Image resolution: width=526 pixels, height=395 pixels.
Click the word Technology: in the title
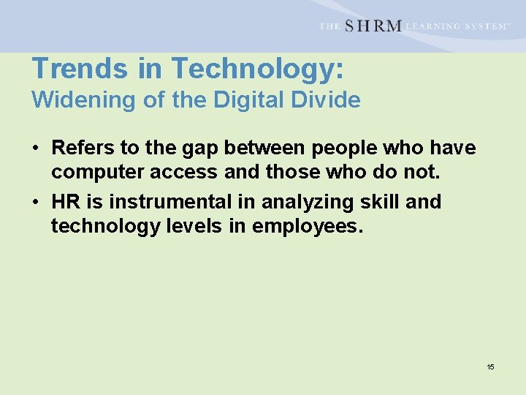257,69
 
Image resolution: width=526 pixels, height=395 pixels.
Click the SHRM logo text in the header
373,26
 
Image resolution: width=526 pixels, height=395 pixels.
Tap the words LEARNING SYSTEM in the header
457,26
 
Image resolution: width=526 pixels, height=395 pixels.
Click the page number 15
490,366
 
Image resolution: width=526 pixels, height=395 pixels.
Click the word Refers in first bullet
83,148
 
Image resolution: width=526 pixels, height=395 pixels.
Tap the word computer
95,173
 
